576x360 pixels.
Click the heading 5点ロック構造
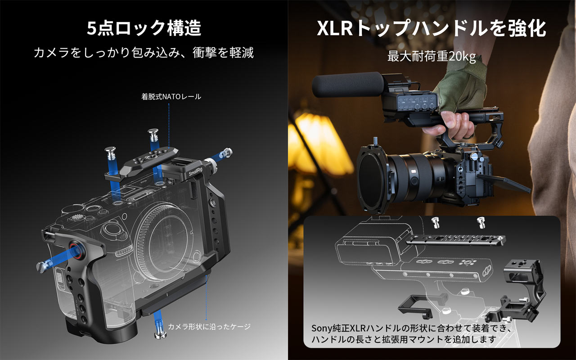(x=144, y=28)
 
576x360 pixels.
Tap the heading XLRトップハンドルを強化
(x=432, y=28)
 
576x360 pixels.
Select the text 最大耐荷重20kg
(x=432, y=56)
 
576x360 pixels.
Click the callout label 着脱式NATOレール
(x=171, y=97)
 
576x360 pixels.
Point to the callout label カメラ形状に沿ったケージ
(x=209, y=327)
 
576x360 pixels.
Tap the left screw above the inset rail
(x=435, y=222)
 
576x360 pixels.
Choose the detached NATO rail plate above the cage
(x=141, y=165)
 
